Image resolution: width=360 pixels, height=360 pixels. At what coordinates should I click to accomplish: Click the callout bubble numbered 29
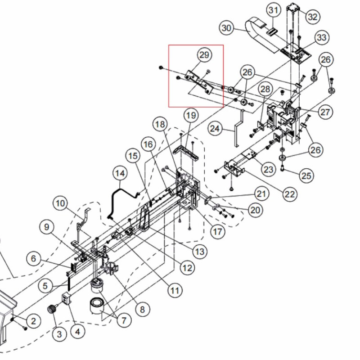(x=204, y=55)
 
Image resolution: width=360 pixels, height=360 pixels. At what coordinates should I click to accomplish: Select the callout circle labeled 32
(x=312, y=17)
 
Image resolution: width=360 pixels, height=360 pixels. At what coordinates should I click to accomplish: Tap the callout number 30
(x=227, y=28)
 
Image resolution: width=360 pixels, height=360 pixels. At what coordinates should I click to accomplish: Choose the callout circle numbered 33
(x=321, y=38)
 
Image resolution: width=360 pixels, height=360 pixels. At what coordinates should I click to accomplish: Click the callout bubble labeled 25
(x=306, y=175)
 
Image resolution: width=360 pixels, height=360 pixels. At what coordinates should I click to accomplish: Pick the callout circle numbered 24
(x=216, y=129)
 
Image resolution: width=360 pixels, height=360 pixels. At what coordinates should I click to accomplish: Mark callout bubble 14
(x=120, y=173)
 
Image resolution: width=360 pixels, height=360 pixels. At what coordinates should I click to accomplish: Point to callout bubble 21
(x=261, y=194)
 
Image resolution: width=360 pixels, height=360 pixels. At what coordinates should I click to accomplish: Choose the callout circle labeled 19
(x=191, y=116)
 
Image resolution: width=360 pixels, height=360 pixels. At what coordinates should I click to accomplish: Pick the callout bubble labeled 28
(x=264, y=89)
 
